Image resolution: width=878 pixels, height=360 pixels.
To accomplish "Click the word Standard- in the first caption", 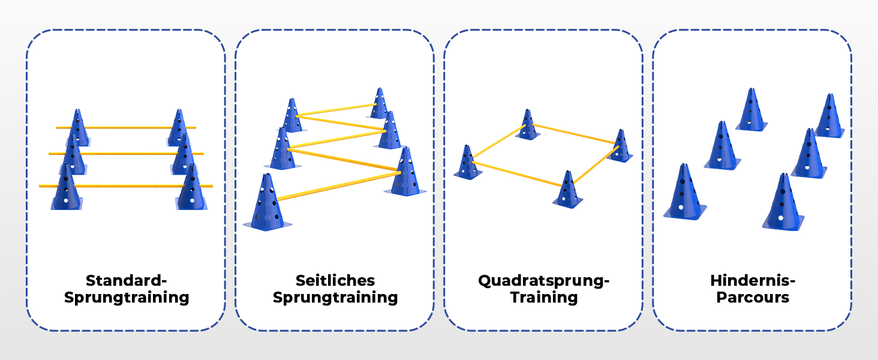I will pyautogui.click(x=125, y=281).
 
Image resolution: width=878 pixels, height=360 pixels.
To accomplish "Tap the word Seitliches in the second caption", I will pyautogui.click(x=335, y=281).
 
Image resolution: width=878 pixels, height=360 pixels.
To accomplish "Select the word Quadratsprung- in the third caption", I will pyautogui.click(x=543, y=281).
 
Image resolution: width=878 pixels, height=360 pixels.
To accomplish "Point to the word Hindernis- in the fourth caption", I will pyautogui.click(x=752, y=281).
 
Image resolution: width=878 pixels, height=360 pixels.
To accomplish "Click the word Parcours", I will pyautogui.click(x=752, y=297).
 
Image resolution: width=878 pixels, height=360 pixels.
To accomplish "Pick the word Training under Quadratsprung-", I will pyautogui.click(x=543, y=297).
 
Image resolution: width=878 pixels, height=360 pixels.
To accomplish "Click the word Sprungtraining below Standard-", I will pyautogui.click(x=125, y=297).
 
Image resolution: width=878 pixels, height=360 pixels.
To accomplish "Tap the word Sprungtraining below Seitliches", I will pyautogui.click(x=335, y=297).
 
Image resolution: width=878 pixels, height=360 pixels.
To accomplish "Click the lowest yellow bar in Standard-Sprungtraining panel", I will pyautogui.click(x=126, y=186).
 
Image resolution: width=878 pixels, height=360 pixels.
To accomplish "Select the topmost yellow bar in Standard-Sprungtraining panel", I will pyautogui.click(x=126, y=127).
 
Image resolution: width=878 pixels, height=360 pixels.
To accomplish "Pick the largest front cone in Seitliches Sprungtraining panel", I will pyautogui.click(x=267, y=204).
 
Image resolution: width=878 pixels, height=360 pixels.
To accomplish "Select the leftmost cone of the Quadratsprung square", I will pyautogui.click(x=467, y=163).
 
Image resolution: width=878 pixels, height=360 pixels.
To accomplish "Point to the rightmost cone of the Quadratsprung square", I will pyautogui.click(x=621, y=146).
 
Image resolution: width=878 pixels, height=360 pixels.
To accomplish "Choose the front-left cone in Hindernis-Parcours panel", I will pyautogui.click(x=684, y=193).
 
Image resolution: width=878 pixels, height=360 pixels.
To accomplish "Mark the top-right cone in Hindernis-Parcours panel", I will pyautogui.click(x=829, y=116).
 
